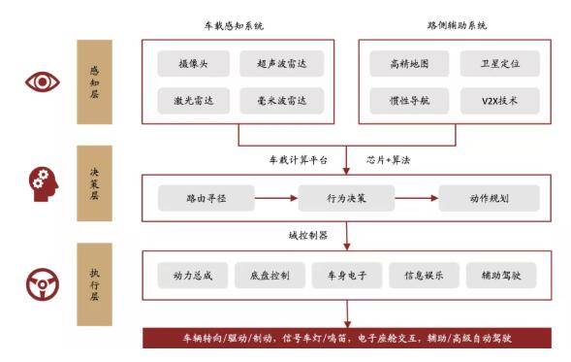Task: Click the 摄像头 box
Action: click(x=192, y=64)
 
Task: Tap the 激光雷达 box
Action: click(x=192, y=100)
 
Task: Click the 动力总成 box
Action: click(x=193, y=276)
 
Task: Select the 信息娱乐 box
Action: click(x=417, y=276)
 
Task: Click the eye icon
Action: click(x=42, y=82)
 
